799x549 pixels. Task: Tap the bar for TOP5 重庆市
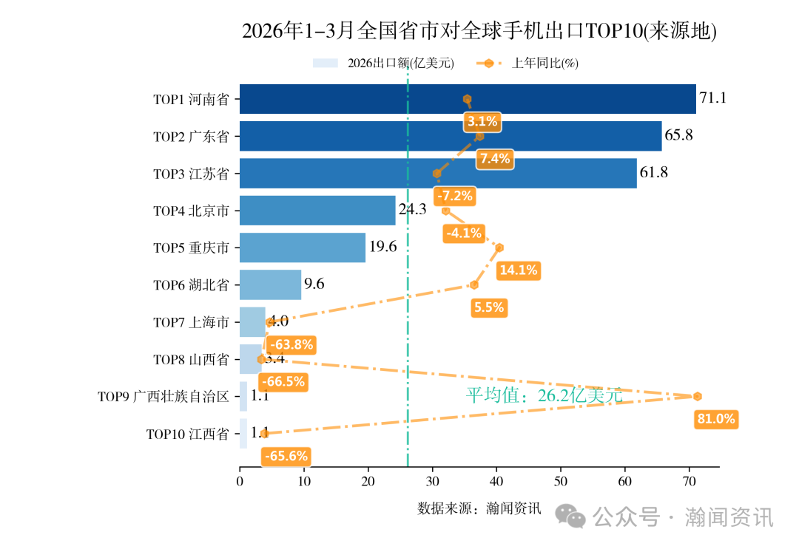coord(303,248)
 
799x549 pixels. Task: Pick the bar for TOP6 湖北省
coord(270,284)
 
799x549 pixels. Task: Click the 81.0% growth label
coord(716,420)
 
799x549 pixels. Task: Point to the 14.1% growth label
coord(518,270)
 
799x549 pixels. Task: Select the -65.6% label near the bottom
coord(286,457)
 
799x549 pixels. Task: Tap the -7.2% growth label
coord(454,197)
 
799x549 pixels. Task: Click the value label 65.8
coord(679,136)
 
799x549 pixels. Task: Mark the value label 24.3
coord(412,210)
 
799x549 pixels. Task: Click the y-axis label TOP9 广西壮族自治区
coord(163,397)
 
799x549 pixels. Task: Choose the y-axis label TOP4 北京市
coord(191,211)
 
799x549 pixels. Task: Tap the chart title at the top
coord(479,31)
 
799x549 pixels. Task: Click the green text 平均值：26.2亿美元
coord(544,396)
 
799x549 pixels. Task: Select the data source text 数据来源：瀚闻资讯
coord(479,508)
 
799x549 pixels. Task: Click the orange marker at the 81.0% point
coord(697,397)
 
